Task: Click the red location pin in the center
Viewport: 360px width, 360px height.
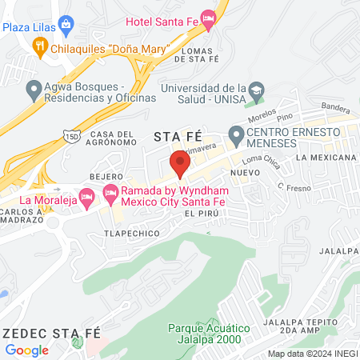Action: tap(180, 164)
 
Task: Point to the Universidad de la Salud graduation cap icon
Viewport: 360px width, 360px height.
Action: tap(256, 89)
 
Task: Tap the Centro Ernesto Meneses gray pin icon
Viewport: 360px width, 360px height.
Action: tap(236, 134)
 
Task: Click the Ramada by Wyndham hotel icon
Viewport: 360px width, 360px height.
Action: tap(110, 193)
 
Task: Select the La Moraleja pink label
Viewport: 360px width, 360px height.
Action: tap(47, 200)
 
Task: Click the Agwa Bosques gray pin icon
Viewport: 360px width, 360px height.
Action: tap(34, 88)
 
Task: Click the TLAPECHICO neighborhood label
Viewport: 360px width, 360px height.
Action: tap(128, 234)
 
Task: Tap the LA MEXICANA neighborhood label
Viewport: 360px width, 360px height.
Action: tap(324, 158)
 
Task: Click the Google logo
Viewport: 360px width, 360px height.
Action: tap(27, 350)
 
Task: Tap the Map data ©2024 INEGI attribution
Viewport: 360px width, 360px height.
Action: tap(311, 354)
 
